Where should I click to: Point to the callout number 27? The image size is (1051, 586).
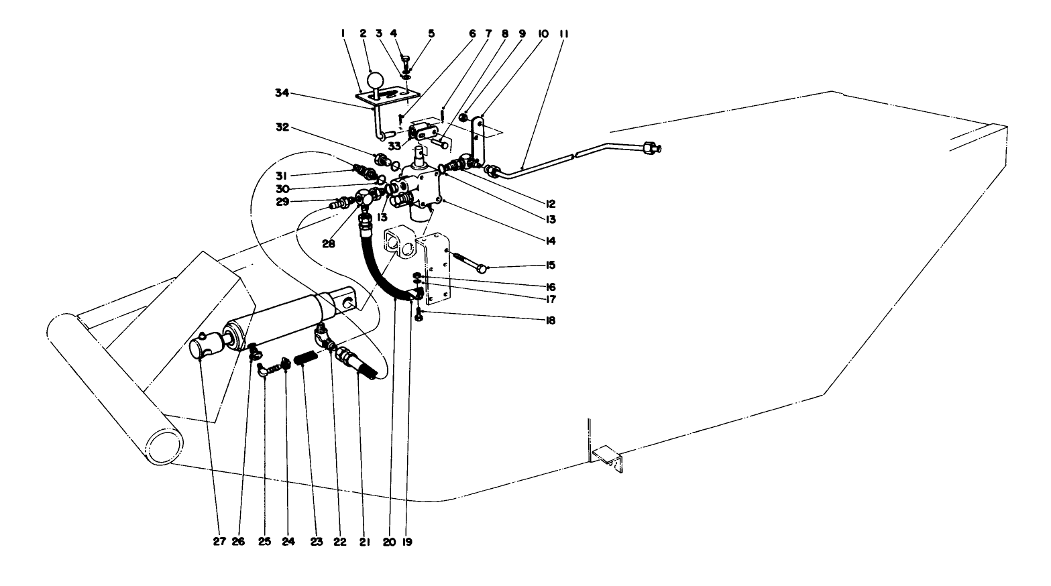(219, 542)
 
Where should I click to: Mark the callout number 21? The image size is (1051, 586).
(364, 542)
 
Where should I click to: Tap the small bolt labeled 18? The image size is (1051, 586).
(419, 314)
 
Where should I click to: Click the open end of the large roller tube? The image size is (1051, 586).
(165, 445)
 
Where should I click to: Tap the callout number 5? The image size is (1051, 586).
(432, 33)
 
